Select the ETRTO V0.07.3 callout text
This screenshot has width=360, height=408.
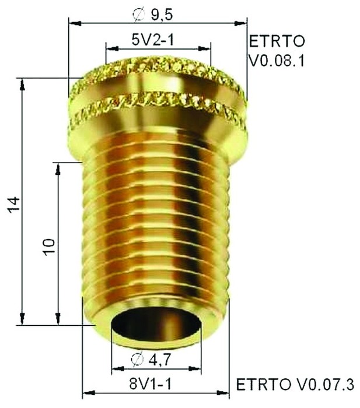coord(294,385)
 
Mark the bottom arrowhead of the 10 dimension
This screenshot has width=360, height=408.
coord(58,319)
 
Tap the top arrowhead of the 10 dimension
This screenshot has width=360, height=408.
coord(58,168)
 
